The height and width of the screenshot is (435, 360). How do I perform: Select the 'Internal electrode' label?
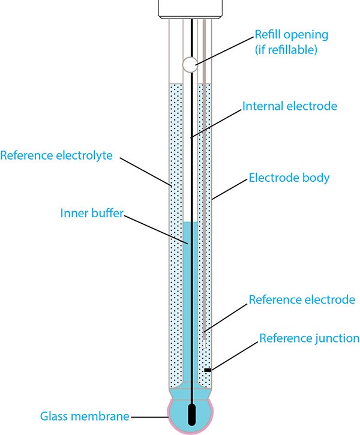coord(290,106)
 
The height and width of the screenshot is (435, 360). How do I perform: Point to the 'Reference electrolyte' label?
coord(56,156)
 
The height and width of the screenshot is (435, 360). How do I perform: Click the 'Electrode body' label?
coord(289,178)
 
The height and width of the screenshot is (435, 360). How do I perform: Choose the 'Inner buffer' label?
coord(92,213)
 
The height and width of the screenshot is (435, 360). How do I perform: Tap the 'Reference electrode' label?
coord(302,299)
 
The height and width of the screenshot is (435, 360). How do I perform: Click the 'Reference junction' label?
coord(309,338)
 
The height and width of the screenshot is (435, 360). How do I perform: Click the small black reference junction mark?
coord(208,370)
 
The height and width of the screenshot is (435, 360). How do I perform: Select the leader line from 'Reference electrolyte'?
coord(147,171)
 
